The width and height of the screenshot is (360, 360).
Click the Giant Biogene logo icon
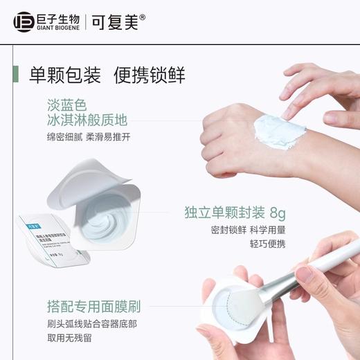coord(23,22)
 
